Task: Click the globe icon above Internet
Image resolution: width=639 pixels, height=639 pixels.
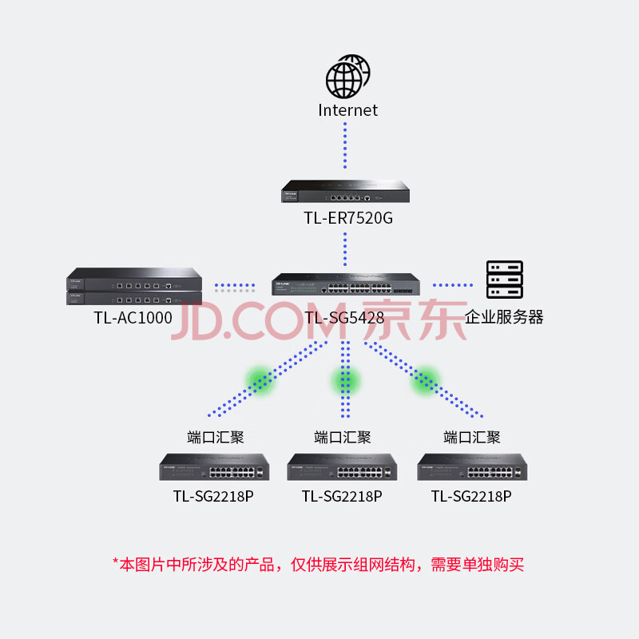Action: (x=347, y=77)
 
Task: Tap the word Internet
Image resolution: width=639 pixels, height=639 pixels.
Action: (x=347, y=110)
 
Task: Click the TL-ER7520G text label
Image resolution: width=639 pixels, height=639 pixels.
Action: (x=348, y=218)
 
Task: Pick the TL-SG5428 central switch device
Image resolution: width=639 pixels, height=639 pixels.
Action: (x=345, y=285)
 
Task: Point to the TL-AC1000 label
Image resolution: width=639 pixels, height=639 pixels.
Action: (x=133, y=317)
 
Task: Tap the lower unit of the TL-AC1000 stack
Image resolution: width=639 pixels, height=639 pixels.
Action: (x=134, y=298)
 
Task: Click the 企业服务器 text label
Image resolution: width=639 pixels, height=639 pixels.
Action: (x=505, y=317)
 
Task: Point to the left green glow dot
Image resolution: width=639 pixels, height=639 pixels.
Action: (x=260, y=380)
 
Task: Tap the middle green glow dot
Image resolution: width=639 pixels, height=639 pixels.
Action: (x=346, y=380)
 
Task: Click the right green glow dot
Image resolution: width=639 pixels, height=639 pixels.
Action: (x=425, y=380)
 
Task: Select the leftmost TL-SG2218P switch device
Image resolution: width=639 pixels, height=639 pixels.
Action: (x=214, y=467)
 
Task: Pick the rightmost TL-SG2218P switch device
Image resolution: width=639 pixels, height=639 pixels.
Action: (x=472, y=467)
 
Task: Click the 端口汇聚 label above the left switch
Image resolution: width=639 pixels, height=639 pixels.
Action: (x=215, y=437)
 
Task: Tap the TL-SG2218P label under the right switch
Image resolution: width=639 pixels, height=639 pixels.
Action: (x=471, y=496)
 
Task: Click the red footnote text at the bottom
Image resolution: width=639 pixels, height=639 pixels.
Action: (x=318, y=565)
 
